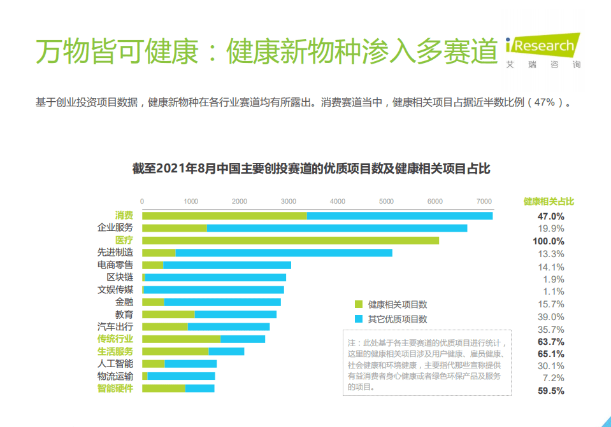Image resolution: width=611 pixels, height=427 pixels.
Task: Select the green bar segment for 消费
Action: [224, 216]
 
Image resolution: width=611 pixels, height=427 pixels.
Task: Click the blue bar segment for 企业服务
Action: [337, 228]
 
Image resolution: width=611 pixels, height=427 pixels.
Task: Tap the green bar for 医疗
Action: [291, 241]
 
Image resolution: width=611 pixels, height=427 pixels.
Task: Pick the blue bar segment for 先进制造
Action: [284, 253]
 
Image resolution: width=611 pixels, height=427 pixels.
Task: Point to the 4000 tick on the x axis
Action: [338, 201]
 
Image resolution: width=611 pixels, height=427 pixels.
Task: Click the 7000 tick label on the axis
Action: [484, 201]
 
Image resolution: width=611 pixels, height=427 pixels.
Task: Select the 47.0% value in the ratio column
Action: [551, 216]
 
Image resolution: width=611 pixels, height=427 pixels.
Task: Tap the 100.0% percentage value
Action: [549, 241]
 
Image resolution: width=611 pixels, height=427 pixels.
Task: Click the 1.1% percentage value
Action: [554, 291]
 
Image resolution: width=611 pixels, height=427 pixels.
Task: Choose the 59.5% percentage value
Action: [551, 391]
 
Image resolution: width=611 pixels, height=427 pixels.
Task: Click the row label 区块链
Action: [120, 277]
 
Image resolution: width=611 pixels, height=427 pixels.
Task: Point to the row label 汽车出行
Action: [115, 326]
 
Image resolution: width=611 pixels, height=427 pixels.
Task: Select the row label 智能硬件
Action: [115, 388]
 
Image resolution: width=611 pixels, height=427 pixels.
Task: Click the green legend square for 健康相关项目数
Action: [358, 304]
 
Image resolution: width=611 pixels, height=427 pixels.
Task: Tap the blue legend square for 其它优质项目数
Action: [358, 319]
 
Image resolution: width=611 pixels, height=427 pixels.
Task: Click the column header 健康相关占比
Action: [549, 201]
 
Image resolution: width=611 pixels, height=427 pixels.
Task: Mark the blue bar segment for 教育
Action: [236, 314]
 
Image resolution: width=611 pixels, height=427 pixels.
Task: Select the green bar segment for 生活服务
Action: [175, 351]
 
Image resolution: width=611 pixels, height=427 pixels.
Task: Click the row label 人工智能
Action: [115, 364]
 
